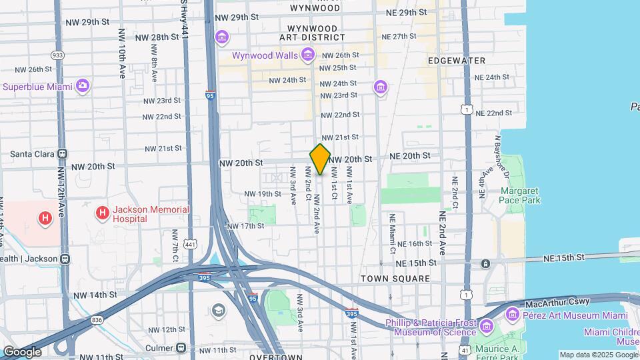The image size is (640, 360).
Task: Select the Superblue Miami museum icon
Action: (x=83, y=86)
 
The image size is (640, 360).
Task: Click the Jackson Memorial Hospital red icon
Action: (x=102, y=213)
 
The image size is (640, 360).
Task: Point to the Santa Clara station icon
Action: (x=62, y=153)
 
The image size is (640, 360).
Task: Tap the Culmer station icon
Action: (x=181, y=347)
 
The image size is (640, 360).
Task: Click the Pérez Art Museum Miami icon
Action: (x=512, y=313)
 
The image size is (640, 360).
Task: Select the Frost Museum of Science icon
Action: (x=486, y=326)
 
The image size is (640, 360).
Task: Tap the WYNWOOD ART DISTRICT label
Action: (x=313, y=33)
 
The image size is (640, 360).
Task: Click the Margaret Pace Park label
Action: (x=519, y=195)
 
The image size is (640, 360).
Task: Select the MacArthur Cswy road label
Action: (x=557, y=302)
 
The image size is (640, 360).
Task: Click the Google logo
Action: (x=22, y=351)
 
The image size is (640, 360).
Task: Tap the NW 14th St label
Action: (x=95, y=295)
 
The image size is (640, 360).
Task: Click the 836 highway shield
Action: (x=97, y=319)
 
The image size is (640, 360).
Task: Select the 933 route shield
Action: (x=57, y=55)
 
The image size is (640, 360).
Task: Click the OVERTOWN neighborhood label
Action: (x=276, y=357)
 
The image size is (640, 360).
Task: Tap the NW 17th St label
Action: (x=245, y=226)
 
